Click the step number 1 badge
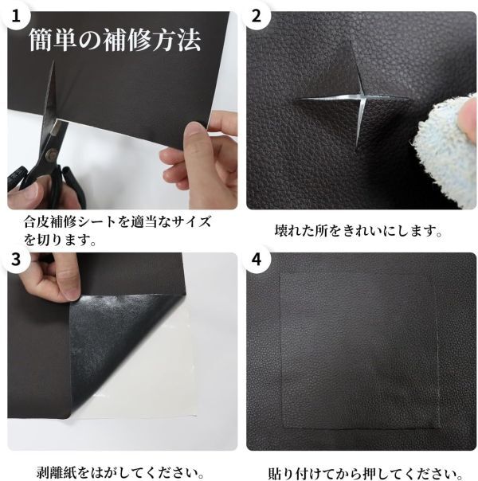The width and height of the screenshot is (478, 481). coord(15,15)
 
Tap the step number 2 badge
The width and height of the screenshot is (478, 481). coord(257,15)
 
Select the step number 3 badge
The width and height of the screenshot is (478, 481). coord(15,259)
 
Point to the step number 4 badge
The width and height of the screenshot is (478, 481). coord(257,259)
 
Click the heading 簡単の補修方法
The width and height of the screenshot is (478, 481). coord(115,40)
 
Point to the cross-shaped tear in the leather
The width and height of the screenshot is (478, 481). coord(353,98)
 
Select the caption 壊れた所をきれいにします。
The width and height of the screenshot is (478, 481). coord(358,231)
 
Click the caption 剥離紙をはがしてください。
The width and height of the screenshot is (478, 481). coord(120,473)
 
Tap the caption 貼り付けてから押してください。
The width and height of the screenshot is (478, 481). coord(366,473)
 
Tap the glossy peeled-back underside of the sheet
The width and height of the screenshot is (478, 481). coord(123,341)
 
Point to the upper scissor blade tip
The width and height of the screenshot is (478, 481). coord(53,61)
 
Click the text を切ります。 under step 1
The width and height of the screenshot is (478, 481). coord(60,240)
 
